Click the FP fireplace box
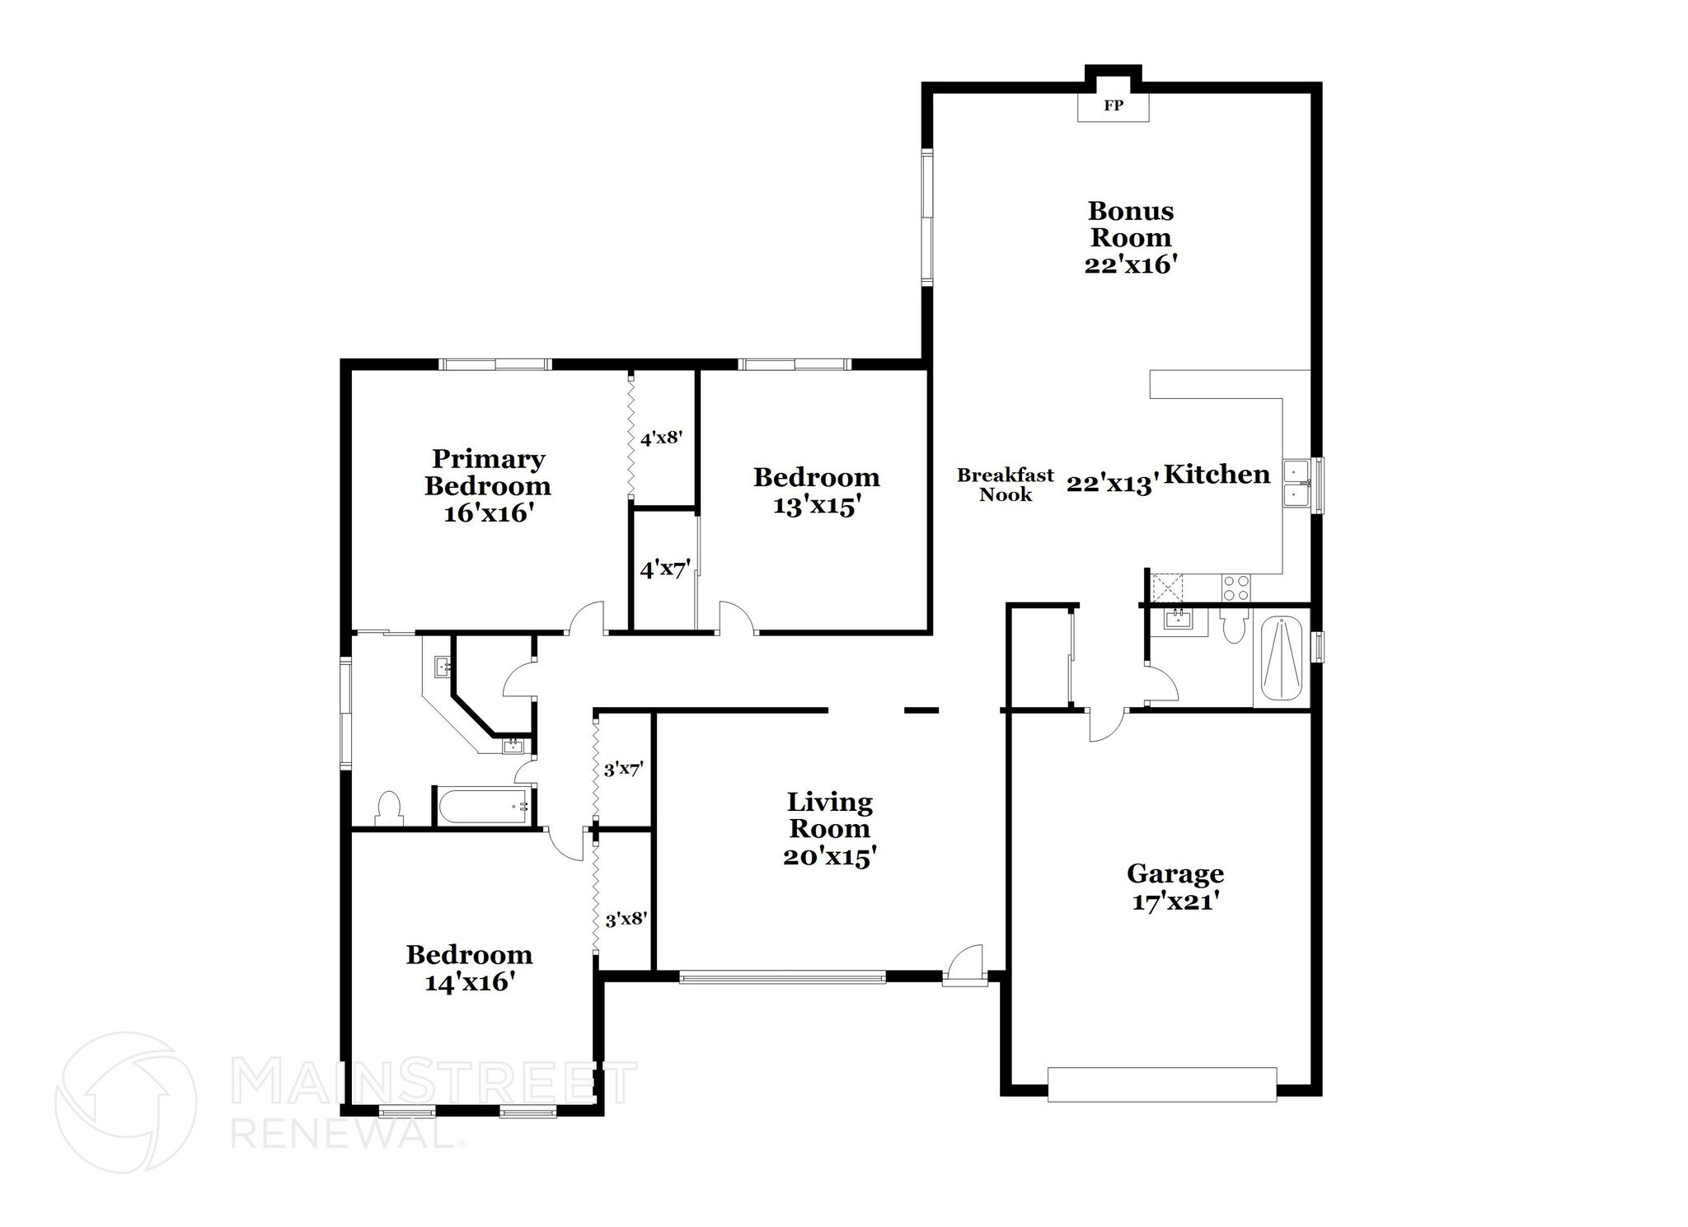[1113, 106]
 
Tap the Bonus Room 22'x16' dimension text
[1129, 265]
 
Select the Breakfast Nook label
[1005, 485]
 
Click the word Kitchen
[1217, 474]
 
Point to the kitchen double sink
[1296, 482]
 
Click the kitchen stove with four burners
[1235, 588]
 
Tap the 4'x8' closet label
[661, 438]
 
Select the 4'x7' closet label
[664, 569]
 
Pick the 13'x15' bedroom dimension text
[816, 505]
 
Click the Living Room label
[828, 815]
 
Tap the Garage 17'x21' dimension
[1175, 902]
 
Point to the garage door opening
[1161, 1084]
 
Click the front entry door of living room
[964, 965]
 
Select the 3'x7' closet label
[623, 770]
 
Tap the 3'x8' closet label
[625, 919]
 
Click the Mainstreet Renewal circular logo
[126, 1102]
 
